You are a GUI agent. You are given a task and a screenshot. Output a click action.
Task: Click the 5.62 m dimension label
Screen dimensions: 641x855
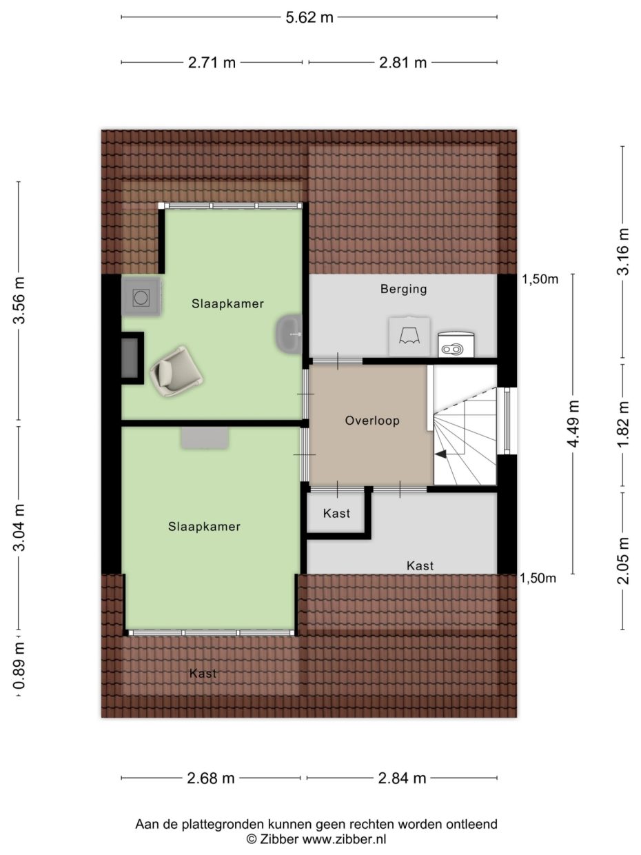[309, 17]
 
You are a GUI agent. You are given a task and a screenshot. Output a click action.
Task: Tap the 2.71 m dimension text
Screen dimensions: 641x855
[212, 62]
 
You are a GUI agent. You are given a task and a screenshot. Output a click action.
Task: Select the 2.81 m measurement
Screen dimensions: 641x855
[403, 62]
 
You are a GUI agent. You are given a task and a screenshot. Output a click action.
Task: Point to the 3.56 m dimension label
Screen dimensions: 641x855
[19, 301]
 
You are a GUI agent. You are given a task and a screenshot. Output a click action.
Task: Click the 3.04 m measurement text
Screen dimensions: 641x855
[19, 527]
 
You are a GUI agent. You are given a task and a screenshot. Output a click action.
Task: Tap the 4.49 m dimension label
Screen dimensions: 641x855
[573, 423]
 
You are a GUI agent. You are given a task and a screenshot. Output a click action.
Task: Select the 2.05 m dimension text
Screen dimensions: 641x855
[622, 561]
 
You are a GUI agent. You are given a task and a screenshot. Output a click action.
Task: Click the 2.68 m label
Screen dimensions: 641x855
[211, 778]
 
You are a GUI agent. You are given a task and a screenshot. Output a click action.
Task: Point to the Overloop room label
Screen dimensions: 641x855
[372, 421]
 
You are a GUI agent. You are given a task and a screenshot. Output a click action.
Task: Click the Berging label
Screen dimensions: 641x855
[404, 289]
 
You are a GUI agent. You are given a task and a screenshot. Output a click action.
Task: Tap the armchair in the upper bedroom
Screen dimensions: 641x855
[176, 371]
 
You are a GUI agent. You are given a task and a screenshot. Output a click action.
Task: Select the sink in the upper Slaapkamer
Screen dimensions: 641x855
[289, 334]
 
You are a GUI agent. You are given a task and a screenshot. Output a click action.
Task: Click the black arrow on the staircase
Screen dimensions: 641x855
[441, 454]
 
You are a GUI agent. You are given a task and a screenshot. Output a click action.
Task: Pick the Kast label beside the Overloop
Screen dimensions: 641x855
[336, 514]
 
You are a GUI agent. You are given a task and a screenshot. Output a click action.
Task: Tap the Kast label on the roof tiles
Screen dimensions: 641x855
[203, 674]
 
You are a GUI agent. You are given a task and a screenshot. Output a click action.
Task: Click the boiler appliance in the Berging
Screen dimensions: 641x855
[456, 344]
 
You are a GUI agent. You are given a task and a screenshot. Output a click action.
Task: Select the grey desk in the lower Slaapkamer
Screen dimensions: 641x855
[204, 438]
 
